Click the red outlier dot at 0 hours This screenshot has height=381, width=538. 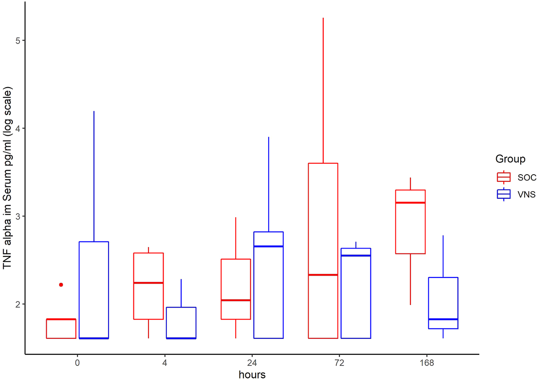point(61,285)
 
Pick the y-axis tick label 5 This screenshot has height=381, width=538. point(17,40)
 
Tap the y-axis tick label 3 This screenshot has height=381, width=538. point(17,216)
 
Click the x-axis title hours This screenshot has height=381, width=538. point(252,374)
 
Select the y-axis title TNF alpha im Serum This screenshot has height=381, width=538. point(8,178)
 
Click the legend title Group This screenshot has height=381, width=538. point(510,159)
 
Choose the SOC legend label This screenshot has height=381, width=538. point(527,177)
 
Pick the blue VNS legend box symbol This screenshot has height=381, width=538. point(504,194)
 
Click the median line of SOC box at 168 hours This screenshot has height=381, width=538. point(410,203)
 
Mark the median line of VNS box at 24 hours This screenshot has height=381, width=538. point(269,246)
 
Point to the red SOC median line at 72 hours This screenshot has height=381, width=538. point(323,275)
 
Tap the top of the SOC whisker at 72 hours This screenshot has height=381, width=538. point(323,18)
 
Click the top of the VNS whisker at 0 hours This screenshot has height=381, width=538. point(94,111)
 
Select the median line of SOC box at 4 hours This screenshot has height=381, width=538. point(149,283)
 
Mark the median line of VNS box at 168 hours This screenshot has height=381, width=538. point(443,319)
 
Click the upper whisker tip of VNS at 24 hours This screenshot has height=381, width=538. point(269,137)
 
